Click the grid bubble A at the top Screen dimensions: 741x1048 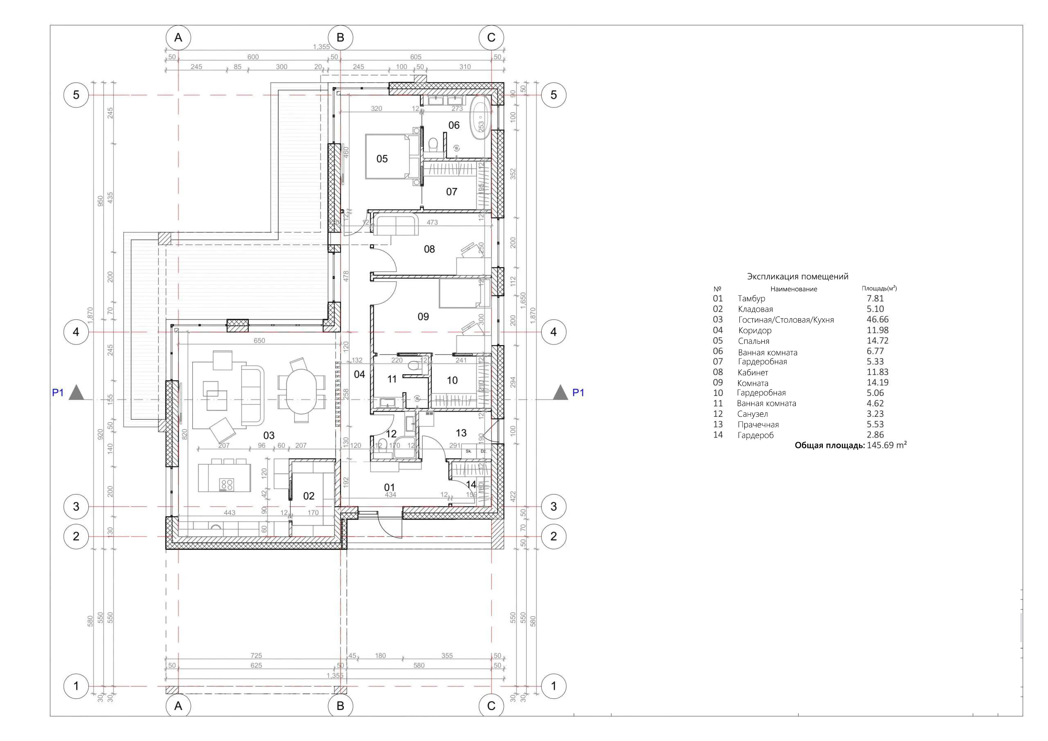pyautogui.click(x=178, y=37)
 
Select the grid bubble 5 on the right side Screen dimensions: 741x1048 pyautogui.click(x=553, y=95)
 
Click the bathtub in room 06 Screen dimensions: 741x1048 pyautogui.click(x=481, y=114)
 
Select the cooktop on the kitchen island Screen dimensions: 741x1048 pyautogui.click(x=226, y=484)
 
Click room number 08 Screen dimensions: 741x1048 pyautogui.click(x=429, y=249)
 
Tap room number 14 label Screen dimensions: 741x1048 pyautogui.click(x=471, y=484)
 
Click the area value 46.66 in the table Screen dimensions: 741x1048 pyautogui.click(x=877, y=320)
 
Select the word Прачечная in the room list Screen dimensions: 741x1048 pyautogui.click(x=758, y=425)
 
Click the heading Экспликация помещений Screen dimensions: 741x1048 pyautogui.click(x=797, y=276)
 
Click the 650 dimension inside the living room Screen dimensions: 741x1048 pyautogui.click(x=259, y=341)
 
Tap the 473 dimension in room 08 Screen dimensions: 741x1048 pyautogui.click(x=432, y=222)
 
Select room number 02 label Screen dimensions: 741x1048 pyautogui.click(x=309, y=496)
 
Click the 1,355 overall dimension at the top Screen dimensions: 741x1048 pyautogui.click(x=321, y=47)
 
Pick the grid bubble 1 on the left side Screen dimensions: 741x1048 pyautogui.click(x=76, y=686)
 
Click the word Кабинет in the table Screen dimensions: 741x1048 pyautogui.click(x=753, y=373)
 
